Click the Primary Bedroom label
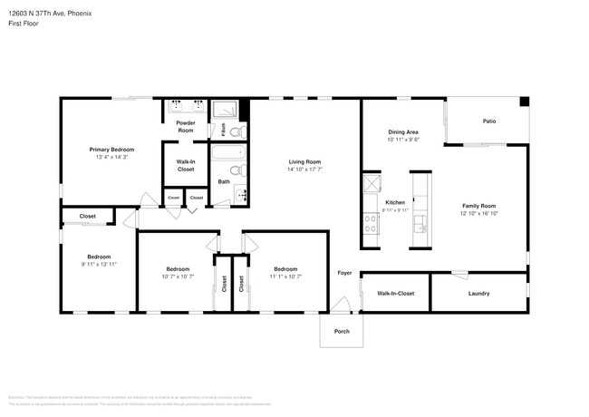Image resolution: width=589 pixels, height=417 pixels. coord(111,149)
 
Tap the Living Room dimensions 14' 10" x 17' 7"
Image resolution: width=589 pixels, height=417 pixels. coord(304,169)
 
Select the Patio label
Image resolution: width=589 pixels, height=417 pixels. coord(488,121)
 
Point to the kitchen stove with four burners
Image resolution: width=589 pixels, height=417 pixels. coord(371,223)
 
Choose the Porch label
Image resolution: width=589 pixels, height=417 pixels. coord(342,331)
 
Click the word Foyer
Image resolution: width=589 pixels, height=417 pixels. coord(344,273)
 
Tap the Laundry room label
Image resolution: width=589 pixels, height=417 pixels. coord(478,293)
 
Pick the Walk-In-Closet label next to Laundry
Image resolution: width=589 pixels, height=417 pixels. coord(395,293)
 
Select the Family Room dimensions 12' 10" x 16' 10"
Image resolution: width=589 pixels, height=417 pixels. coord(479,213)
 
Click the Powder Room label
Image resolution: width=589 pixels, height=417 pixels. coord(185,126)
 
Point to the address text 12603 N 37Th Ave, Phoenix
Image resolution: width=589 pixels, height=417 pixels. coord(49,15)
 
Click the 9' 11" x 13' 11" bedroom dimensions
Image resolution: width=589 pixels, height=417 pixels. coord(99,263)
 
